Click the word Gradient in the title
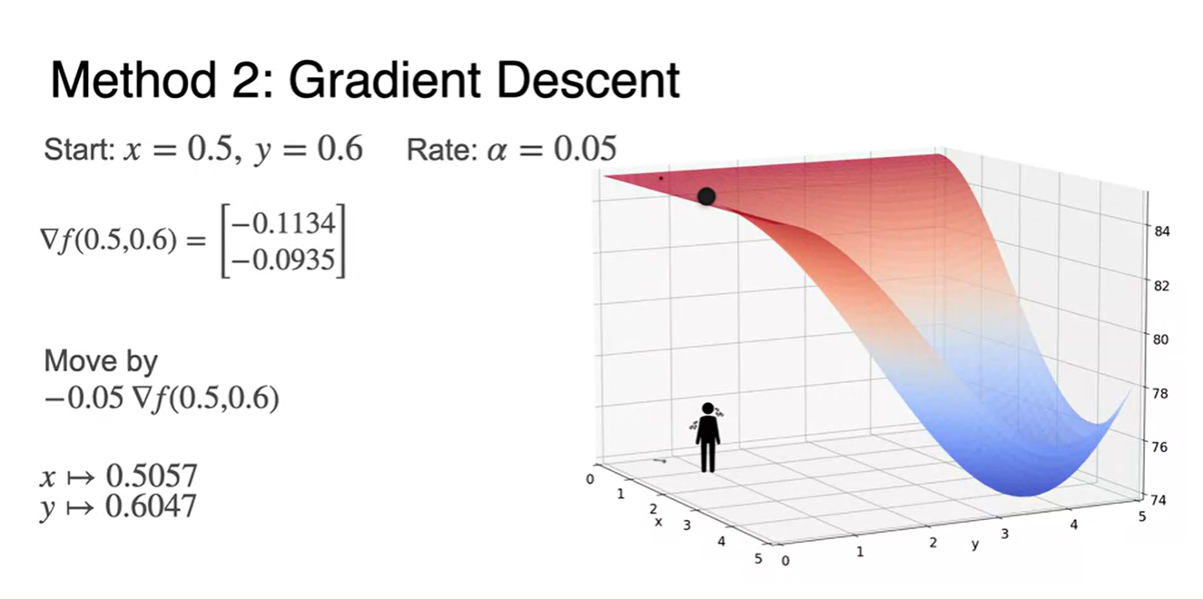coord(385,80)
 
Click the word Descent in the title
coord(588,80)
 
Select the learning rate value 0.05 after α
coord(585,149)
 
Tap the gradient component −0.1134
coord(282,222)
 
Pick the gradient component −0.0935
coord(282,260)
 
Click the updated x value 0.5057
coord(152,476)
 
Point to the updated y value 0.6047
coord(151,506)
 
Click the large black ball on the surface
coord(706,196)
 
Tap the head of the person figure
coord(708,408)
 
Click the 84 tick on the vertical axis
coord(1161,231)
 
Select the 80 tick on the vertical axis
coord(1160,339)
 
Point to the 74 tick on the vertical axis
coord(1159,500)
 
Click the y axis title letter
coord(975,545)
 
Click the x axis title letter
coord(658,522)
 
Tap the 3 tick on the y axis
coord(1005,534)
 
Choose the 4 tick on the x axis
coord(721,542)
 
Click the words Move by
coord(101,361)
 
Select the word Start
coord(78,149)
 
